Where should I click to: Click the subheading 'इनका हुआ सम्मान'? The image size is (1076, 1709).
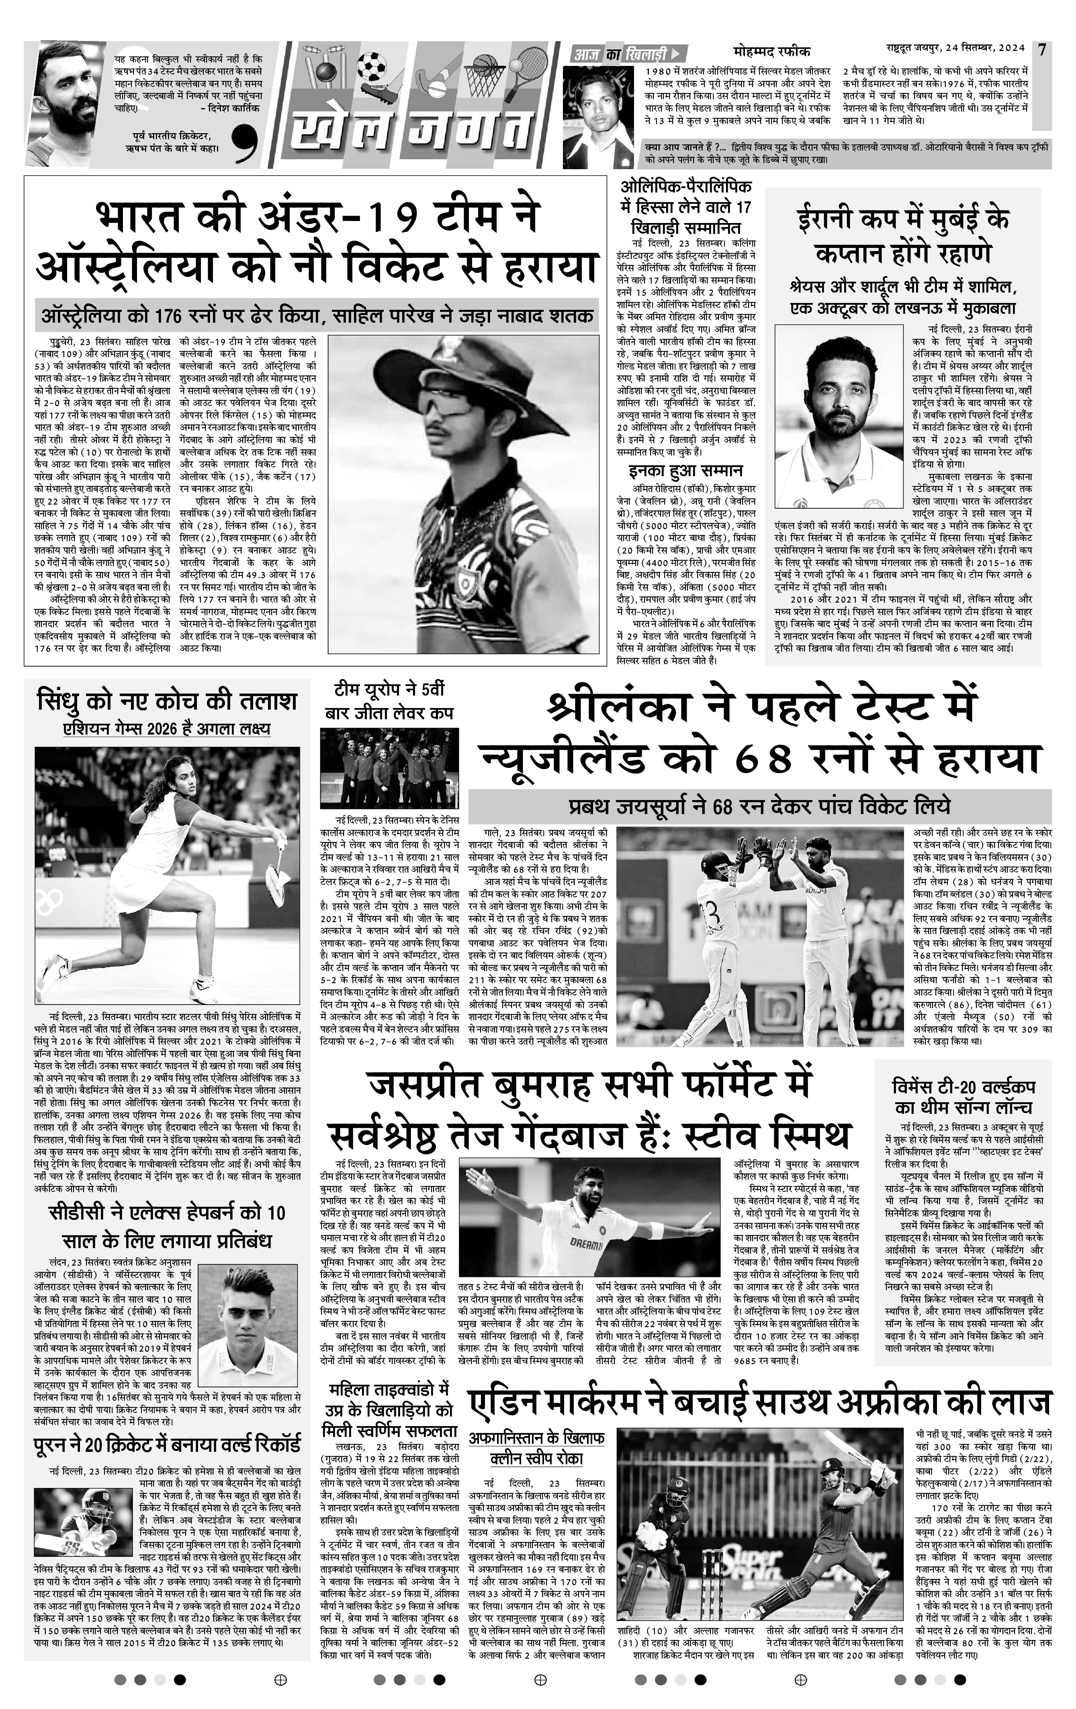pyautogui.click(x=685, y=470)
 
